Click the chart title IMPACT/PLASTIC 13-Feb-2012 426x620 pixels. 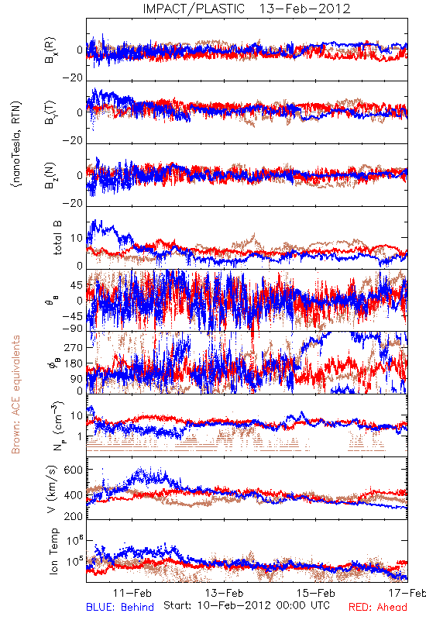point(246,9)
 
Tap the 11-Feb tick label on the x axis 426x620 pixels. point(132,593)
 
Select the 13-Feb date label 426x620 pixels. point(224,593)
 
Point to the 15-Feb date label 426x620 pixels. point(316,593)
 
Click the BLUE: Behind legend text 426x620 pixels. point(120,607)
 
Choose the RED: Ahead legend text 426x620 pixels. point(377,607)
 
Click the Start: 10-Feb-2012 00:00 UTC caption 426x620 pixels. point(246,605)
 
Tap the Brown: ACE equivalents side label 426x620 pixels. point(15,394)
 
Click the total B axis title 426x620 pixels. point(57,238)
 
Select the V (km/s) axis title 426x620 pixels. point(52,489)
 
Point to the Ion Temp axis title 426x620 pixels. point(53,551)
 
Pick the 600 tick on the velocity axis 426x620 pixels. point(74,470)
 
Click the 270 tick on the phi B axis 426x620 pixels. point(74,347)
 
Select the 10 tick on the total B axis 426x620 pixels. point(77,238)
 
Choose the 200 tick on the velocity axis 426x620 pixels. point(74,515)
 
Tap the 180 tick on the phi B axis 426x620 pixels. point(74,363)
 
